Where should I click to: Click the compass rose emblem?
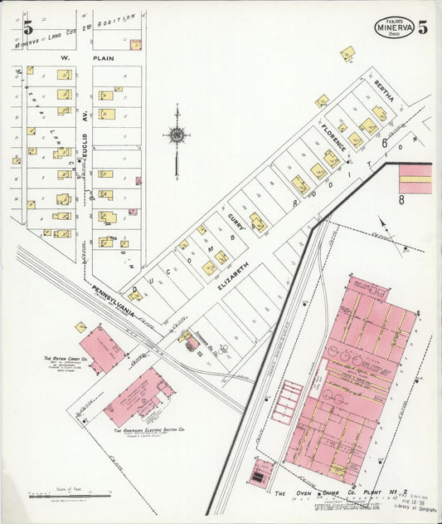177,135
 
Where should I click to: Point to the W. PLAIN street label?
76,59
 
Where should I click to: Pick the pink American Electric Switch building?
138,397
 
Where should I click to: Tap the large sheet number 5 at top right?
423,28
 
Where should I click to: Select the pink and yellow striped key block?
415,178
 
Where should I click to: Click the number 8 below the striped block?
401,200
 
